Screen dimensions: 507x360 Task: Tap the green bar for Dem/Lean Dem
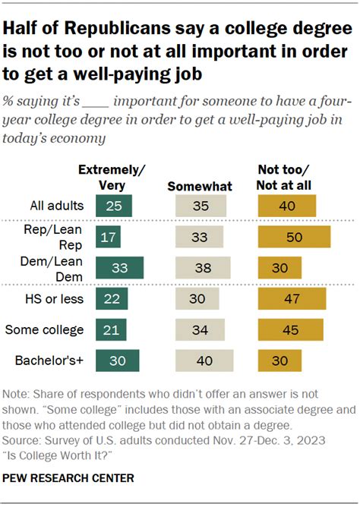[118, 268]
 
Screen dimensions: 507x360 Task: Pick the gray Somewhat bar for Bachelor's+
[204, 361]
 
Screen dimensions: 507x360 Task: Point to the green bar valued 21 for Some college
[111, 329]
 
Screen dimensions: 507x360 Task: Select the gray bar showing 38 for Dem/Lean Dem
[202, 268]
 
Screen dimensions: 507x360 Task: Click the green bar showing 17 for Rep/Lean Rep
[108, 238]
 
